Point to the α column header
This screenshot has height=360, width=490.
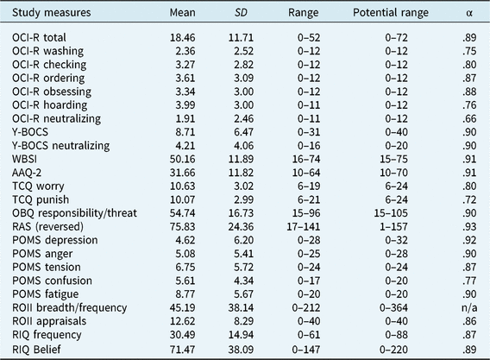coord(466,14)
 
